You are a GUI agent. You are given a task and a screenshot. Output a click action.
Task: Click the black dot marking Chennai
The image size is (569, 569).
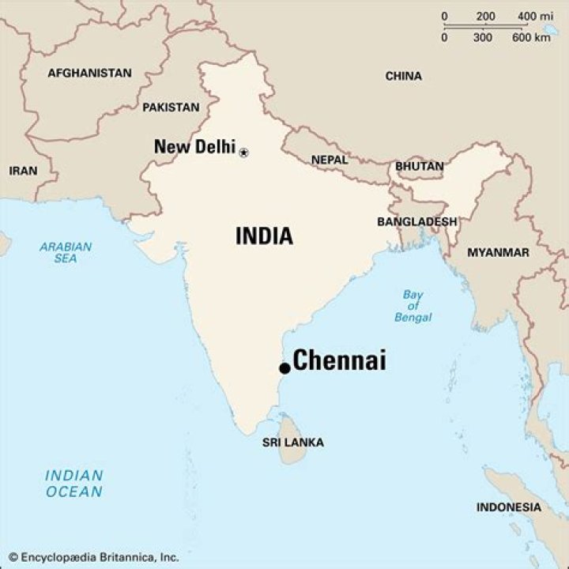284,368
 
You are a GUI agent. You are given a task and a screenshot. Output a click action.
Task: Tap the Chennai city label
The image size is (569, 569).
340,361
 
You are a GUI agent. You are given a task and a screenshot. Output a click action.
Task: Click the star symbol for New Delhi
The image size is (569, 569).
243,153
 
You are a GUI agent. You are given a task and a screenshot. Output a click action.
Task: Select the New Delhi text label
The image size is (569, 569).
194,146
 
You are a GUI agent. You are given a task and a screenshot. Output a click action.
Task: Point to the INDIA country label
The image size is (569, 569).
264,236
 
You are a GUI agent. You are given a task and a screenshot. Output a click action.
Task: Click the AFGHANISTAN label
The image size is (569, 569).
89,73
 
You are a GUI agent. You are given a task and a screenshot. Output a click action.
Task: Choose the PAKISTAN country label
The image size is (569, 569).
171,107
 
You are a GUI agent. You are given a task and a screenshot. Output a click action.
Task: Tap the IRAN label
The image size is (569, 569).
23,171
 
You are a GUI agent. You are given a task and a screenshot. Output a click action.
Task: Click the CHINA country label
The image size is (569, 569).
403,76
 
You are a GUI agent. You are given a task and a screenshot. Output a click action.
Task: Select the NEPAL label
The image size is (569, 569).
329,160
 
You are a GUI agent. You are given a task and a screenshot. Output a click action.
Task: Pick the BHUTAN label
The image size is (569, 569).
420,167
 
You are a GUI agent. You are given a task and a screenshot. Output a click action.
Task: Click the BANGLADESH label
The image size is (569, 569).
416,221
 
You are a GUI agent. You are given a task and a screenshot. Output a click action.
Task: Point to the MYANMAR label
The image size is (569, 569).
498,252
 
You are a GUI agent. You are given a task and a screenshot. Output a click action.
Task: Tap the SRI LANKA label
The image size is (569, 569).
293,443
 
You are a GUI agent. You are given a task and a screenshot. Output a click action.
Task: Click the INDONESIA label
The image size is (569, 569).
509,507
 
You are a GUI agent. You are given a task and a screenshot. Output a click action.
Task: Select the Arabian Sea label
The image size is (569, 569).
66,252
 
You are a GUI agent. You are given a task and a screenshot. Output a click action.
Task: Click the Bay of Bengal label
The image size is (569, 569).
413,306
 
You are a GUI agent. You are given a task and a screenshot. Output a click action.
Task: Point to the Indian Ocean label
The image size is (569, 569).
73,484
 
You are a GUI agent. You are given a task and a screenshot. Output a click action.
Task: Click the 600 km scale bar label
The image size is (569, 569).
531,37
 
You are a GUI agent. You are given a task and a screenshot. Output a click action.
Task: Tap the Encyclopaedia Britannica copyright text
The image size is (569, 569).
94,556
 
